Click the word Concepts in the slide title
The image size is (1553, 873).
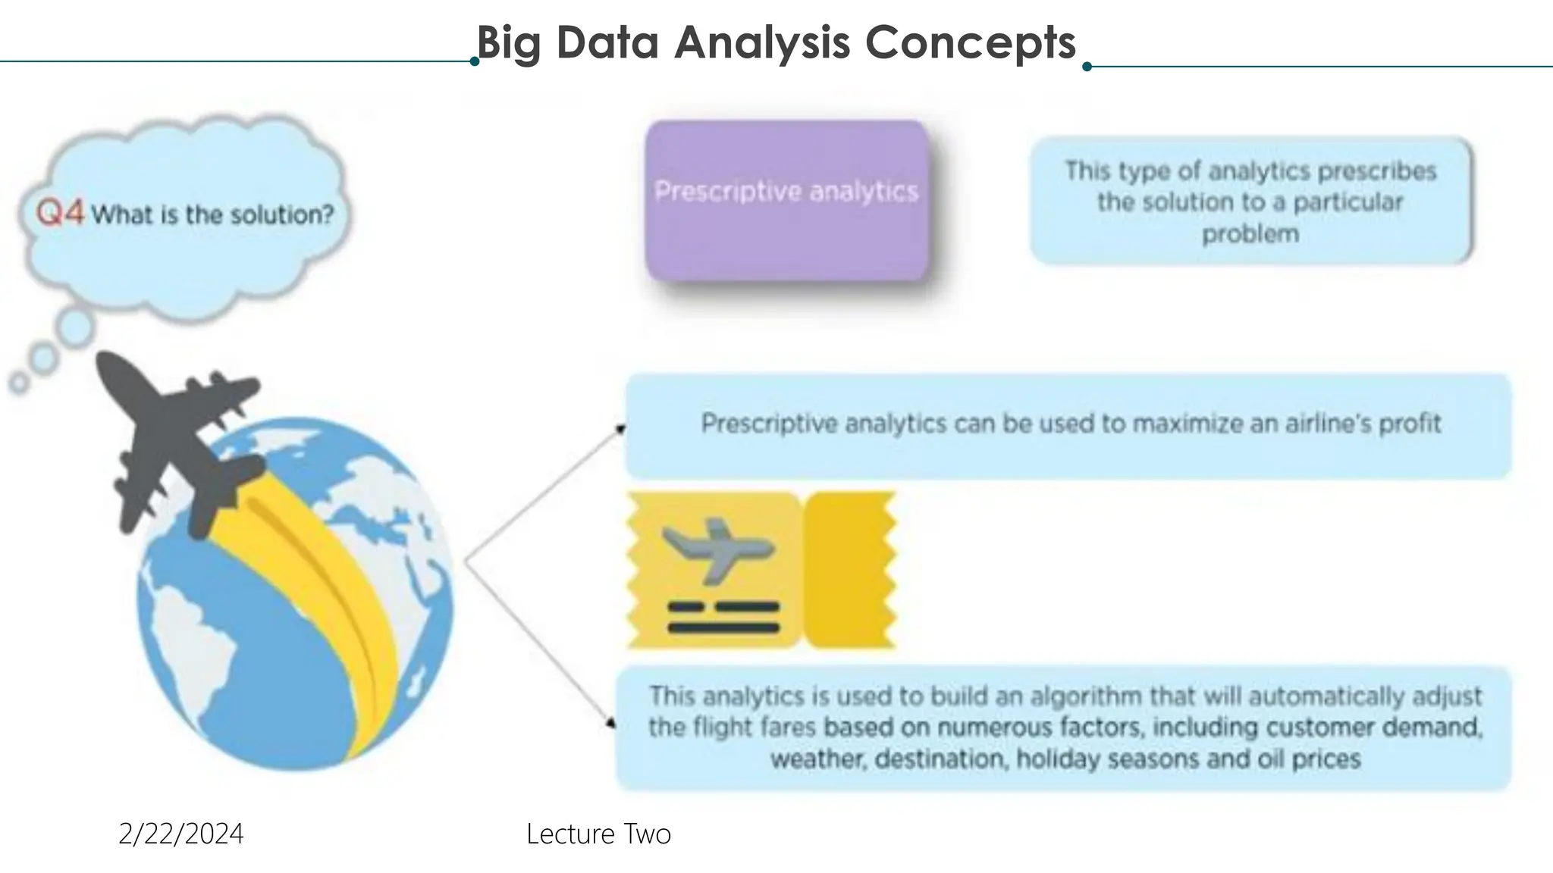[x=970, y=42]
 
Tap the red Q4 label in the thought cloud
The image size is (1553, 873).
[x=60, y=213]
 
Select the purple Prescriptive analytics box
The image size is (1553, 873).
[x=786, y=202]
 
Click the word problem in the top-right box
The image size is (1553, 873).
[x=1250, y=234]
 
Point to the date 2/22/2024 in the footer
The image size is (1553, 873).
[x=180, y=834]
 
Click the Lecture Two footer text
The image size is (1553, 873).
[x=598, y=834]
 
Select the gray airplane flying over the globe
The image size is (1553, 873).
[x=178, y=440]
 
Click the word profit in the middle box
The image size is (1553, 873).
[x=1409, y=423]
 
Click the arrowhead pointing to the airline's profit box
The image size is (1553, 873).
[x=620, y=430]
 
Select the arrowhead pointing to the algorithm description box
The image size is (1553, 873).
[x=610, y=723]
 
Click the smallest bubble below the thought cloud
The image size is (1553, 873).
[x=19, y=383]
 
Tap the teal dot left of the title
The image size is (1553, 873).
[x=475, y=61]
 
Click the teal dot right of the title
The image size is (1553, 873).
[x=1087, y=67]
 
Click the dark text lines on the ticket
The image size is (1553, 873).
[x=723, y=617]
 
